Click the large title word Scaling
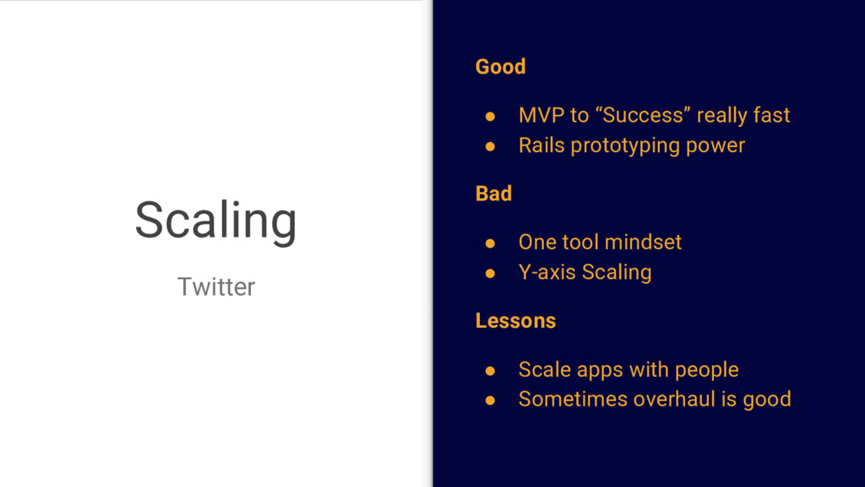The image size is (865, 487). point(215,221)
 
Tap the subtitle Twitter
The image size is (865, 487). point(216,287)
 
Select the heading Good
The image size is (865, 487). point(500,67)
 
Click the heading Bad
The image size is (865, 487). point(493,194)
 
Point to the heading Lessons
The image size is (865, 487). point(516,320)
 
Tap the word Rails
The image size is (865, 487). point(541,145)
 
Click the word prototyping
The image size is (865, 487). point(625,146)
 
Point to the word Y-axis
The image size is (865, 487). point(547,272)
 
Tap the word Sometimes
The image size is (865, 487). point(574,399)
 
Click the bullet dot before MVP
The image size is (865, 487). point(490,117)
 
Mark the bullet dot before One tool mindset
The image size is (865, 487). point(490,243)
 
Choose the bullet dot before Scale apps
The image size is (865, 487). point(490,370)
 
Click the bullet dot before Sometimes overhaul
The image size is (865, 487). point(490,400)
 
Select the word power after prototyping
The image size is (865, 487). point(715,146)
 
